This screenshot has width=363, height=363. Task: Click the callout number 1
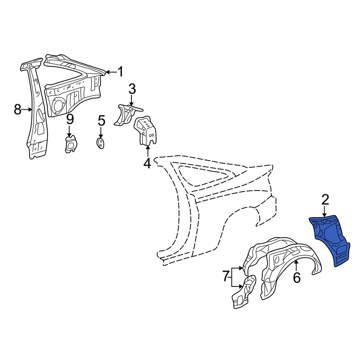[x=121, y=72]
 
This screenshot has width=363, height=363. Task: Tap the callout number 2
[x=325, y=200]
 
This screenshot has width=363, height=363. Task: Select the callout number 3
[x=132, y=89]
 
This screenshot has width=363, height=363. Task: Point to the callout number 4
[x=147, y=163]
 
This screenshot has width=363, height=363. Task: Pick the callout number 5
[x=101, y=121]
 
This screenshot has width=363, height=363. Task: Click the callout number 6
[x=297, y=277]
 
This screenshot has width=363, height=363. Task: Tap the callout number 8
[x=17, y=109]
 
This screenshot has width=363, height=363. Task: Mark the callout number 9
[x=70, y=119]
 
